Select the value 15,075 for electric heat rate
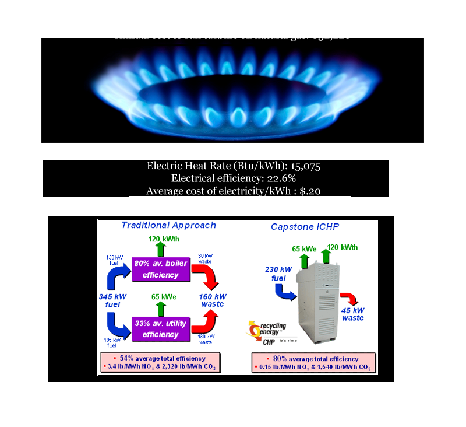[x=303, y=166]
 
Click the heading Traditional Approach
[x=168, y=225]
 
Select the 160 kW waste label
[x=212, y=299]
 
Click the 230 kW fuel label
[x=270, y=274]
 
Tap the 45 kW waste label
[x=353, y=314]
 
